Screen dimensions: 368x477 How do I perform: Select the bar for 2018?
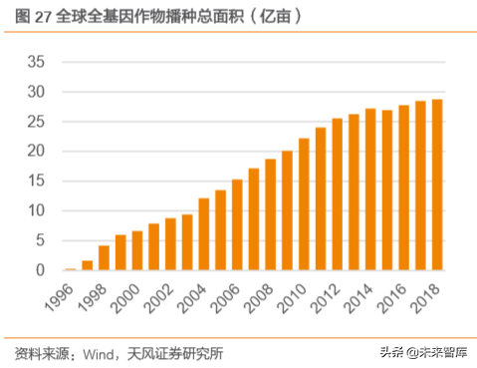[436, 184]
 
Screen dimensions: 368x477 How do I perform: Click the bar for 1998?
[103, 257]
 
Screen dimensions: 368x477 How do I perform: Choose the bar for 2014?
[369, 189]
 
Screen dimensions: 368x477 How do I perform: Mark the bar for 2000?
[136, 250]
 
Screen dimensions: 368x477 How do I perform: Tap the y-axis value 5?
[39, 240]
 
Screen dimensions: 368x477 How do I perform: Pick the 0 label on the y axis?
[39, 270]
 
